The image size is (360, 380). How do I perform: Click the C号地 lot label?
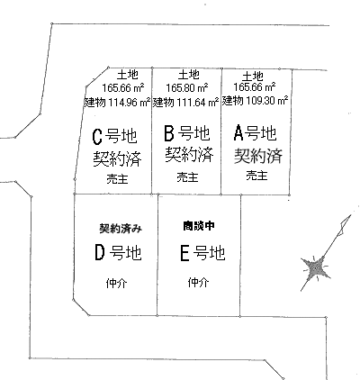pos(114,136)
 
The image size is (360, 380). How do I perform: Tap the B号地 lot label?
pos(187,133)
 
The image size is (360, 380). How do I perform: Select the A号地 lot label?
pos(255,132)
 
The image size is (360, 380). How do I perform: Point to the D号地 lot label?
pos(118,252)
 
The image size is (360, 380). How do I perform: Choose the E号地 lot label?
pos(202,253)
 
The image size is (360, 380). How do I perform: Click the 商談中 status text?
pos(199,226)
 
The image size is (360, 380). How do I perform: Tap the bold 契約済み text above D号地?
pos(121,229)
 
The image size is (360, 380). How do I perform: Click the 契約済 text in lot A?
pos(258,156)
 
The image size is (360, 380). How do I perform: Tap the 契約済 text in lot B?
pos(189,154)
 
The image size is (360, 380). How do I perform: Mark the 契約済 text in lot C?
pos(117,158)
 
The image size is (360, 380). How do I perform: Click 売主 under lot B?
pos(187,177)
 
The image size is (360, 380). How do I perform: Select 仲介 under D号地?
pos(116,283)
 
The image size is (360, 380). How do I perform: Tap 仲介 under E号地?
pos(198,282)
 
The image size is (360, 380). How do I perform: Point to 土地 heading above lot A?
pos(253,77)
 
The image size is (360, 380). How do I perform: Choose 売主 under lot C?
pos(117,179)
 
